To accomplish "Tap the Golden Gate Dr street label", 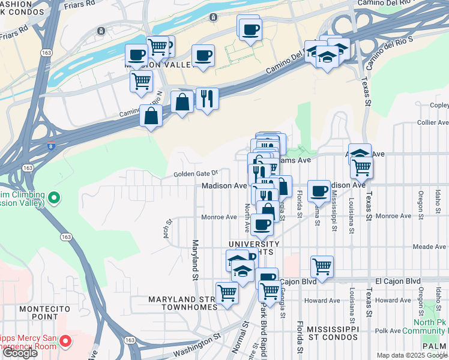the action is [194, 174].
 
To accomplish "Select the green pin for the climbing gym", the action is [54, 197].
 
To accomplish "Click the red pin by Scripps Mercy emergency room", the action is [65, 342].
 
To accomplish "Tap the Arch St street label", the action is [169, 228].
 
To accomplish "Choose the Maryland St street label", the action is [195, 260].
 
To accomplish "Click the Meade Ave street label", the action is [429, 247].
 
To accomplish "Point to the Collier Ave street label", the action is [432, 122].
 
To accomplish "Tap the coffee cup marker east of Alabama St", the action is [319, 191].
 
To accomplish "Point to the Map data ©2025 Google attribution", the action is [412, 355].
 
